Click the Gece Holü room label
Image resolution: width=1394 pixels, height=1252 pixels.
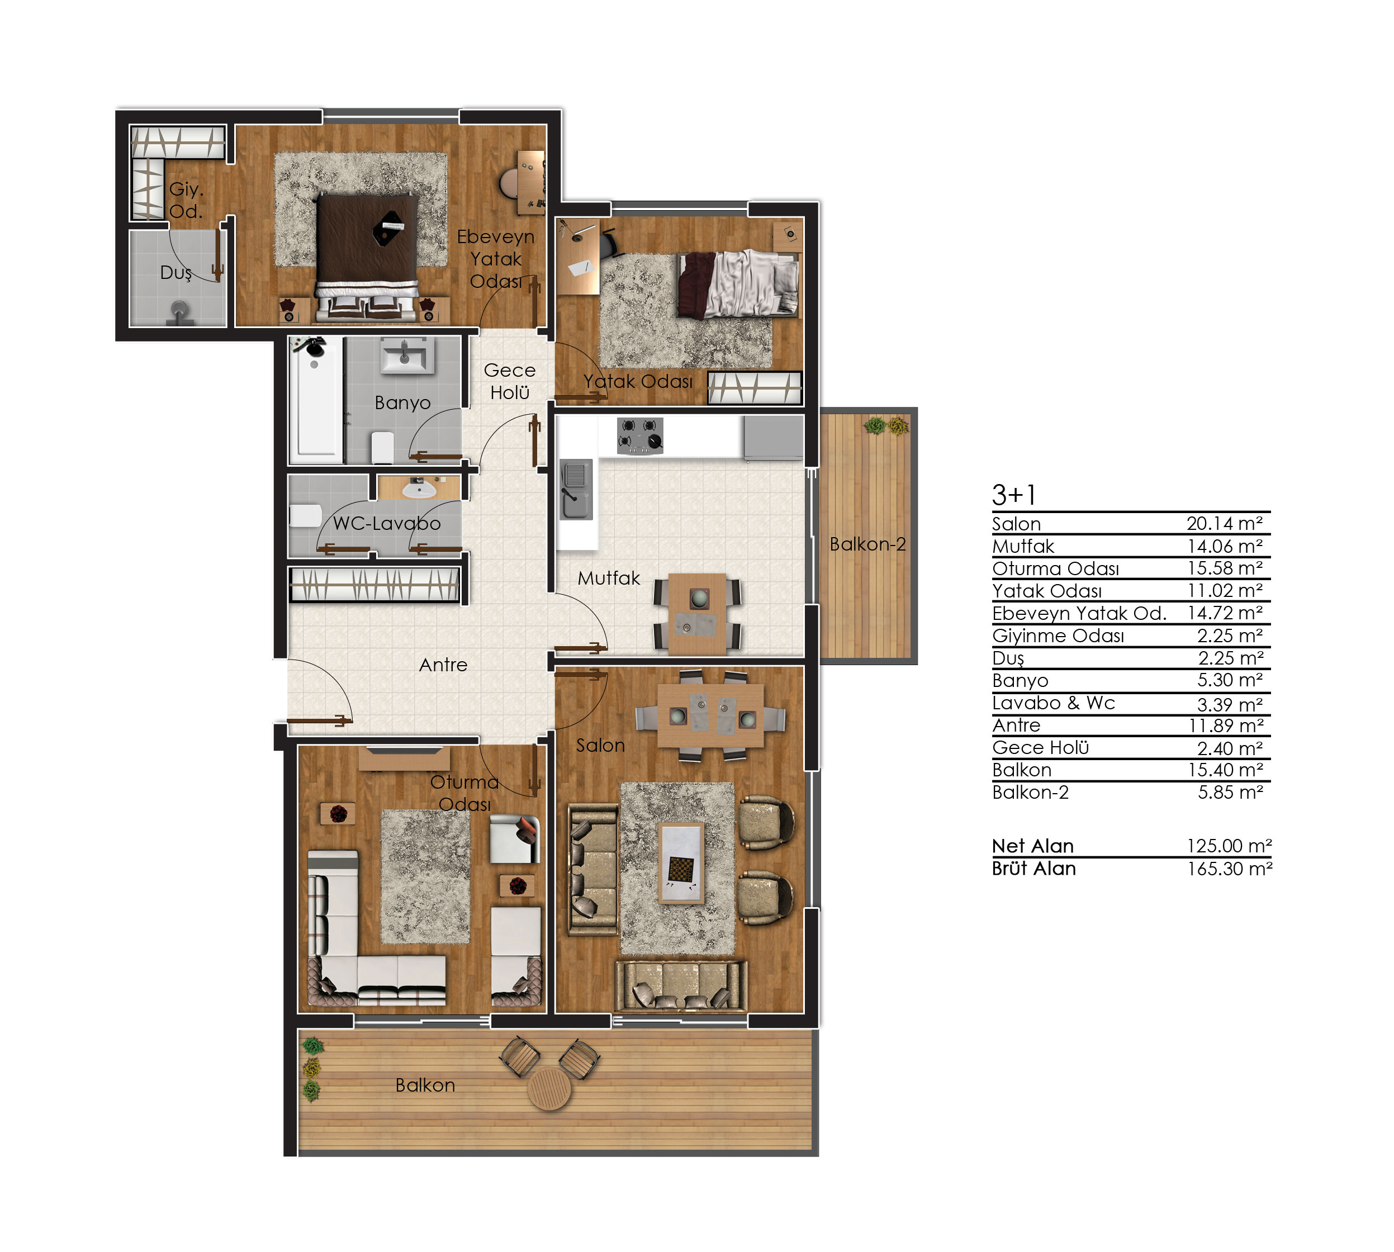tap(509, 381)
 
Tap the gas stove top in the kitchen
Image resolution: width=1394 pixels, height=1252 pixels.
tap(640, 435)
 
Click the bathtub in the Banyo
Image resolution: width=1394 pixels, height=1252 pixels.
tap(316, 400)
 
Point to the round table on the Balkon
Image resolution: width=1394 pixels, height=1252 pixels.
tap(548, 1088)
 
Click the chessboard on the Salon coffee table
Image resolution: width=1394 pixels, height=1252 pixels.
tap(680, 870)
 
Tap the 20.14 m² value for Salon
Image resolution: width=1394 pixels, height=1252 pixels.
tap(1224, 524)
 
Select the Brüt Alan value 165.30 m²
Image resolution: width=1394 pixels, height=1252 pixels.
tap(1229, 869)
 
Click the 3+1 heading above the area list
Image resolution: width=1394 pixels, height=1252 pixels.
tap(1013, 495)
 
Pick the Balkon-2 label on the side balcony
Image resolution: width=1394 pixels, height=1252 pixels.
tap(867, 544)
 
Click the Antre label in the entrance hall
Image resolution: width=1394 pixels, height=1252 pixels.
tap(443, 665)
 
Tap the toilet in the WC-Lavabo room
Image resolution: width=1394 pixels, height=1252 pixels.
tap(306, 515)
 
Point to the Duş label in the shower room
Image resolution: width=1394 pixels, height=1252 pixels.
tap(176, 273)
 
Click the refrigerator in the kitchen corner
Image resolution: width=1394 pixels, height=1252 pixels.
tap(772, 437)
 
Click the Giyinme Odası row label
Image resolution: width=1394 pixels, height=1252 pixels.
tap(1058, 636)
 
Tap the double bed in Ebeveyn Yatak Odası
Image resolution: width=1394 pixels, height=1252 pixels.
tap(367, 258)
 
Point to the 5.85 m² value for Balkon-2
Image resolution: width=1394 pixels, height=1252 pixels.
tap(1230, 792)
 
